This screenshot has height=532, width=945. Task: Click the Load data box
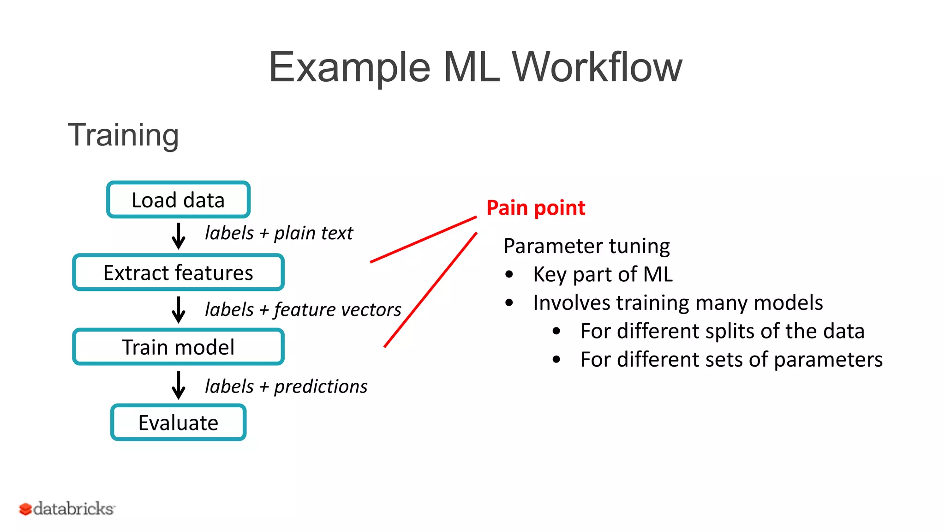click(178, 200)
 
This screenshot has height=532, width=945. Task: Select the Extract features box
click(178, 272)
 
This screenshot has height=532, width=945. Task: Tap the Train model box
click(178, 347)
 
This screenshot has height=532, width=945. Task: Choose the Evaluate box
click(178, 423)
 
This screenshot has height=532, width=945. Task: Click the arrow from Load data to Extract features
click(179, 236)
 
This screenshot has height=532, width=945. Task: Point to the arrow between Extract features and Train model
click(179, 309)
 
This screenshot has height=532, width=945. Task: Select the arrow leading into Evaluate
click(179, 385)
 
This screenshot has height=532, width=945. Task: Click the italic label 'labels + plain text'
click(279, 233)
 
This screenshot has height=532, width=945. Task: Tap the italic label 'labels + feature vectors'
click(303, 309)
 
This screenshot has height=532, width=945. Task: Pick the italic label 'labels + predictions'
click(286, 387)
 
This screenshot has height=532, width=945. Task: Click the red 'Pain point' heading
click(536, 208)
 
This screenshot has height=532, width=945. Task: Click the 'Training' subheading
click(123, 135)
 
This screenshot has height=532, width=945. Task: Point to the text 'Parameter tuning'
click(586, 246)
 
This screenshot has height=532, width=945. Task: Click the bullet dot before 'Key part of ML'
click(509, 274)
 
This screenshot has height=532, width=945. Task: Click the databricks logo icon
click(25, 509)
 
